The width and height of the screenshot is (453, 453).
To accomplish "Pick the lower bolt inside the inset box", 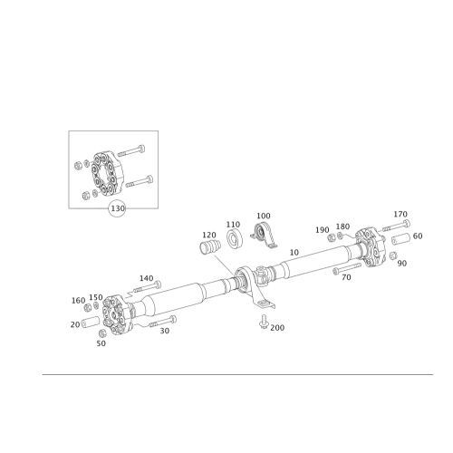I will coord(136,184).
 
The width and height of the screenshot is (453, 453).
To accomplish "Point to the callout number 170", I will coord(402,214).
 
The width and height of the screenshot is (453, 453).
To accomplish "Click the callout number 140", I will coord(147,277).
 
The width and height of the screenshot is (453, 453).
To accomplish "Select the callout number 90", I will coord(402,262).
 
